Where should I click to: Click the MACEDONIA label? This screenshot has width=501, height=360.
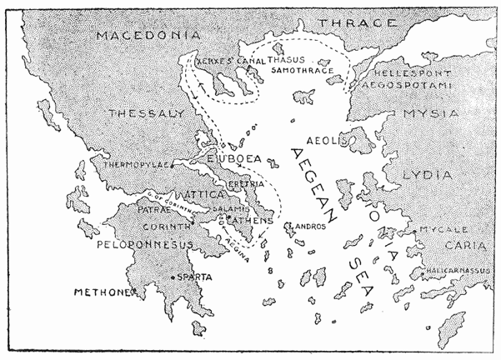148,36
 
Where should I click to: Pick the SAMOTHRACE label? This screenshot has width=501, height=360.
304,72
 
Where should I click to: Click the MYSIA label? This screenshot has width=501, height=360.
430,112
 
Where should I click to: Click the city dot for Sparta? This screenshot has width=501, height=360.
173,277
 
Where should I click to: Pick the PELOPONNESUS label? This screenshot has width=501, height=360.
145,244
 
